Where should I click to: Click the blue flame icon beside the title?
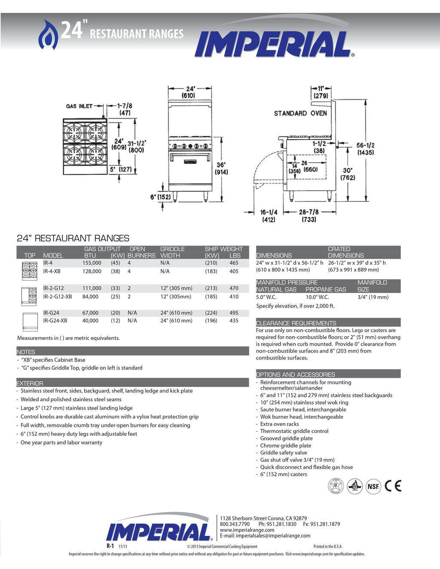coord(48,35)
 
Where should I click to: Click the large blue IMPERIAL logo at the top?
coord(274,44)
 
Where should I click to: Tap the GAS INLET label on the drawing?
coord(79,106)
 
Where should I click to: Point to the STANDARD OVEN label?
coord(300,113)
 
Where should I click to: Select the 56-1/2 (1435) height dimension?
coord(365,149)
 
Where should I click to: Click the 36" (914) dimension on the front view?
coord(221,168)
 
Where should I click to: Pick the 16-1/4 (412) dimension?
coord(269,216)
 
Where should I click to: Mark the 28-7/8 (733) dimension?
coord(309,216)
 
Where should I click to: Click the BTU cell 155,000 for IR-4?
coord(92,263)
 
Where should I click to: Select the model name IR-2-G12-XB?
coord(58,297)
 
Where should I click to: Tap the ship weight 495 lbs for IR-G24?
coord(234,313)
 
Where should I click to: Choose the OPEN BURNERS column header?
coord(141,252)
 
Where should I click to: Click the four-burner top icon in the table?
coord(30,270)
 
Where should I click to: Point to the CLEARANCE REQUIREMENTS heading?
coord(296,323)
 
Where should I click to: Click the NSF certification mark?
coord(373,486)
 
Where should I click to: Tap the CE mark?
coord(393,486)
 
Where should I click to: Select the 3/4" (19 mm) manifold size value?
coord(373,297)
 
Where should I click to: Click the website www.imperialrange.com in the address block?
coord(247,530)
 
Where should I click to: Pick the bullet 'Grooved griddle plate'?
coord(286,438)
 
